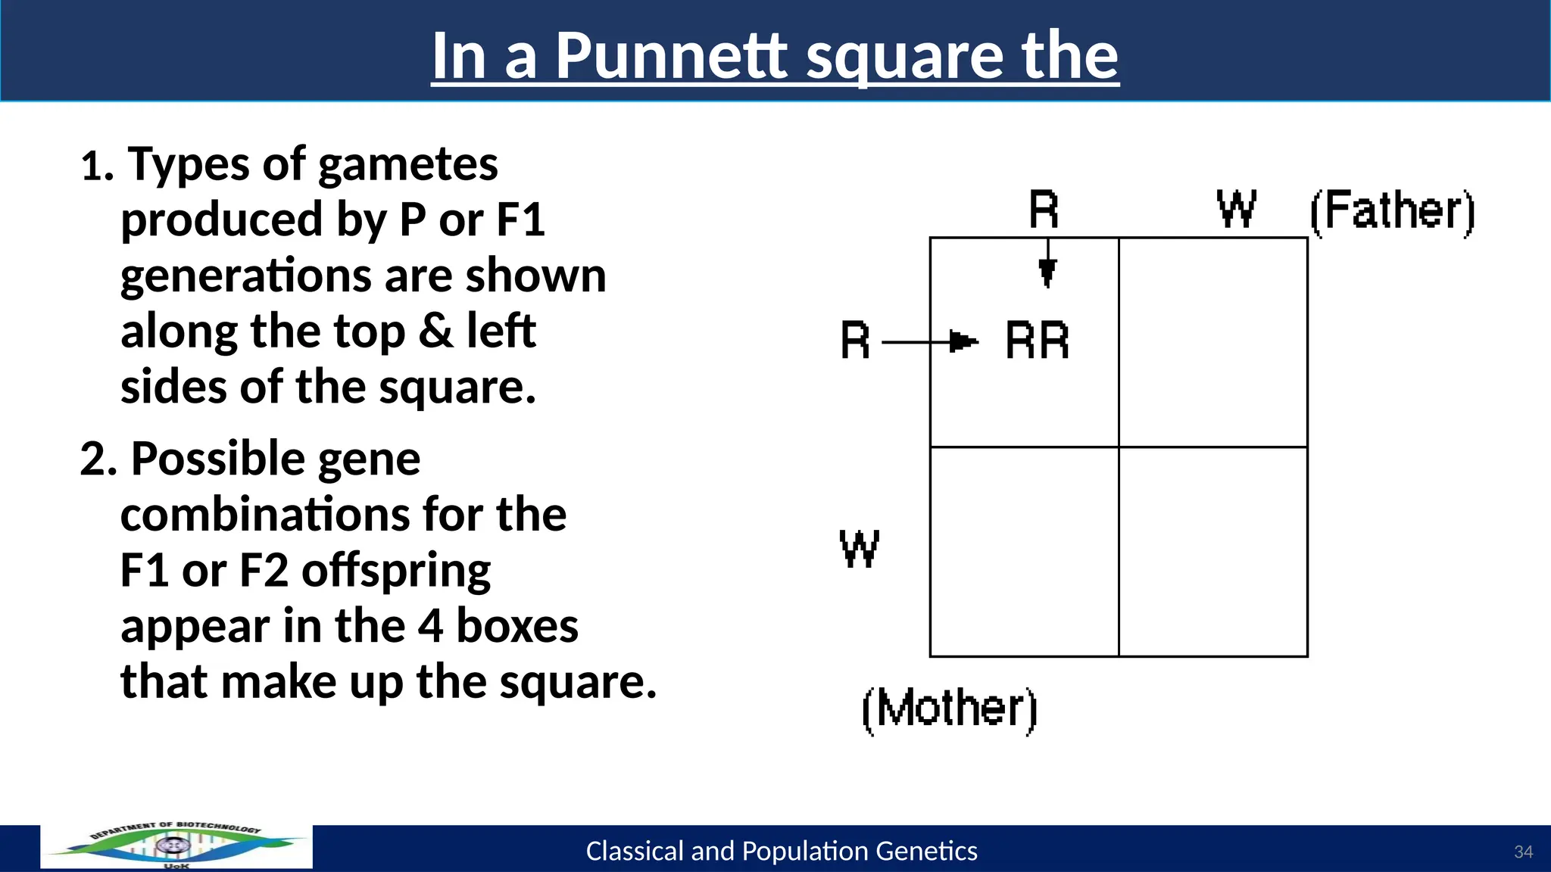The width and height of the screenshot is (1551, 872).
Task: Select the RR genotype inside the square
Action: tap(1037, 341)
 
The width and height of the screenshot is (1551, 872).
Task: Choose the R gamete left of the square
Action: tap(855, 341)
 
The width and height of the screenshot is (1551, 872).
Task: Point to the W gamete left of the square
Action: tap(859, 548)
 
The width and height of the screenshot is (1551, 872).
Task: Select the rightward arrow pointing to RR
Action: tap(932, 342)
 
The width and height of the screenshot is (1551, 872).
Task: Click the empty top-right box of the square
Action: tap(1213, 342)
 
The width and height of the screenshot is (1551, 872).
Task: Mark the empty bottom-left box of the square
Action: tap(1024, 552)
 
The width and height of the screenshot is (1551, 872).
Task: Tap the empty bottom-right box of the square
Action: tap(1213, 552)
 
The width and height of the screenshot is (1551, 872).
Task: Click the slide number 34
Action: tap(1523, 852)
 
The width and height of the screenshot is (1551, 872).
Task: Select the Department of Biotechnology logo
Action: tap(176, 846)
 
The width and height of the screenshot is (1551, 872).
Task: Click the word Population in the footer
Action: tap(805, 852)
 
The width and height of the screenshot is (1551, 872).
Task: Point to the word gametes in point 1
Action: tap(408, 164)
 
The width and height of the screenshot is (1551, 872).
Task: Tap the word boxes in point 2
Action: tap(516, 626)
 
